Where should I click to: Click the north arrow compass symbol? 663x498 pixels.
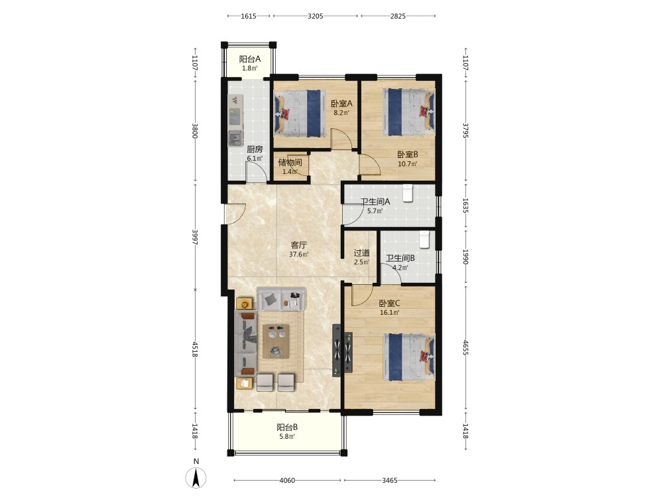pyautogui.click(x=196, y=478)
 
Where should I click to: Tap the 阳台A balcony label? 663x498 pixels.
pyautogui.click(x=249, y=59)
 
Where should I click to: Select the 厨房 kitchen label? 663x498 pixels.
pyautogui.click(x=255, y=149)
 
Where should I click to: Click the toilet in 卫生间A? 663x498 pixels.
pyautogui.click(x=407, y=193)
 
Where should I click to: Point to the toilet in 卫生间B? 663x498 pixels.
pyautogui.click(x=424, y=239)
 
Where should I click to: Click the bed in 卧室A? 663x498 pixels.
pyautogui.click(x=300, y=114)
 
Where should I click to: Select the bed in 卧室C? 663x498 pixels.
pyautogui.click(x=409, y=357)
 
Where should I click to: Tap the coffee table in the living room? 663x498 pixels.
pyautogui.click(x=276, y=341)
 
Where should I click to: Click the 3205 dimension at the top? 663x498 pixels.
pyautogui.click(x=316, y=16)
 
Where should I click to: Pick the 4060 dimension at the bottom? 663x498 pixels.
pyautogui.click(x=287, y=480)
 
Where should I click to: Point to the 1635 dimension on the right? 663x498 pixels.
pyautogui.click(x=465, y=205)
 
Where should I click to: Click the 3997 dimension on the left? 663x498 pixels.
pyautogui.click(x=195, y=238)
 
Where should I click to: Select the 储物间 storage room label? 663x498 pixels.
pyautogui.click(x=290, y=162)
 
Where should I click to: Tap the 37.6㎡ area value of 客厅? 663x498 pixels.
pyautogui.click(x=298, y=254)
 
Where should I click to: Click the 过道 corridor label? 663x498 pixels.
pyautogui.click(x=361, y=253)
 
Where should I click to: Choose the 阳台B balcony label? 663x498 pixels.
pyautogui.click(x=287, y=427)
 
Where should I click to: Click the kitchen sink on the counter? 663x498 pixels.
pyautogui.click(x=235, y=137)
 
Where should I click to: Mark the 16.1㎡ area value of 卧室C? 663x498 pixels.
pyautogui.click(x=389, y=313)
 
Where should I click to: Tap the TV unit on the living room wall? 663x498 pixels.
pyautogui.click(x=337, y=351)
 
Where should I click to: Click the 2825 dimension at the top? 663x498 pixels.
pyautogui.click(x=397, y=16)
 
